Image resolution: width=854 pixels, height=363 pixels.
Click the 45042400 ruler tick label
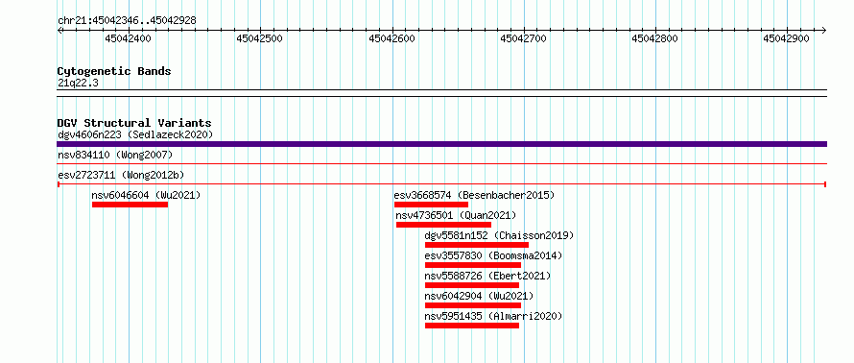click(129, 38)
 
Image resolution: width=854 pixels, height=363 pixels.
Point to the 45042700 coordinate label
click(523, 38)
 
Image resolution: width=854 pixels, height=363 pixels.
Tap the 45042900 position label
click(787, 38)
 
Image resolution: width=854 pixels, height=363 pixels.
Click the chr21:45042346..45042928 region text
click(127, 21)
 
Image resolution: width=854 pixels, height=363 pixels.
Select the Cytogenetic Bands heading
click(114, 71)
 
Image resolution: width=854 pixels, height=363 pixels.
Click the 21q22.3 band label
click(78, 84)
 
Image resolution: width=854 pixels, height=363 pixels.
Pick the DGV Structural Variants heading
click(134, 123)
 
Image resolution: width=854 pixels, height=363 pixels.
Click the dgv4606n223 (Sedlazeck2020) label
click(135, 134)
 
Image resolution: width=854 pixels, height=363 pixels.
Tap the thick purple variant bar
click(441, 144)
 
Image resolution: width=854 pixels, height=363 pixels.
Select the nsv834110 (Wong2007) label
click(115, 156)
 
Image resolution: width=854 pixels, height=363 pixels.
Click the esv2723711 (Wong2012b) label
click(121, 175)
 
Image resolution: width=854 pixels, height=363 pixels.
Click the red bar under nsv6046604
click(130, 205)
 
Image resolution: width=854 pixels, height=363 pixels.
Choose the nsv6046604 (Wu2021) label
click(146, 195)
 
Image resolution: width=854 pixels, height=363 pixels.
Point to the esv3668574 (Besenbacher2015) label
click(474, 195)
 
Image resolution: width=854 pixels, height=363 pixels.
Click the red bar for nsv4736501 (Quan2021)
click(443, 225)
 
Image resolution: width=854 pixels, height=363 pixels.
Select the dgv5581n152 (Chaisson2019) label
click(499, 235)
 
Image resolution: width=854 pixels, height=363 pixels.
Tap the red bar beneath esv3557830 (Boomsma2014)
click(473, 265)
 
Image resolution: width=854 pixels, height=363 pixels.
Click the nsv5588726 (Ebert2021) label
click(487, 276)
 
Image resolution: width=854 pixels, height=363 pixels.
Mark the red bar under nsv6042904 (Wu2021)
click(473, 305)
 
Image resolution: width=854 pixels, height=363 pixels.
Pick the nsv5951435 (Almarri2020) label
click(493, 316)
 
